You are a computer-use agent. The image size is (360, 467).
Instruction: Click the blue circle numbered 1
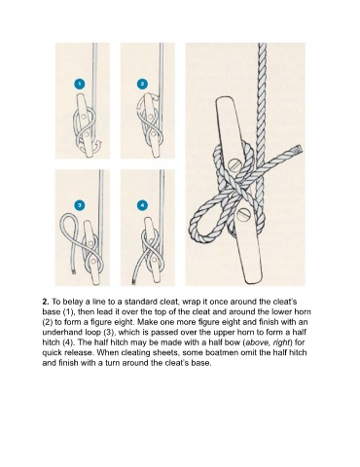click(80, 85)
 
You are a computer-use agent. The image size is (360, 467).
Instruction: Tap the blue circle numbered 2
click(142, 85)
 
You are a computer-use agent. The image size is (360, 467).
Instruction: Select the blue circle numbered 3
click(80, 205)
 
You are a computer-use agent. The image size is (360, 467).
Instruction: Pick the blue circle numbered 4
click(142, 205)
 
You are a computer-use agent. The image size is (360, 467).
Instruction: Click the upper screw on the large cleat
click(234, 165)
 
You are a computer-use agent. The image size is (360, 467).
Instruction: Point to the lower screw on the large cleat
click(244, 214)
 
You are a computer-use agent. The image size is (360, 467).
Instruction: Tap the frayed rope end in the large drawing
click(298, 150)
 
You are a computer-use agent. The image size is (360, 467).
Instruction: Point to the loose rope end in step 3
click(74, 270)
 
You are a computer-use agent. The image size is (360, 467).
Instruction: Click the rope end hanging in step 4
click(133, 281)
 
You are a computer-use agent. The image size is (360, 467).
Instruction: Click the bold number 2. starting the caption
click(46, 302)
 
